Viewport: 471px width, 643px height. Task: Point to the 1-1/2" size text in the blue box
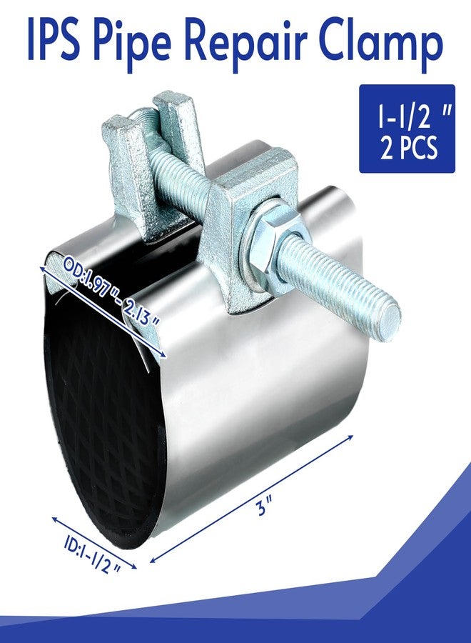pos(407,116)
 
